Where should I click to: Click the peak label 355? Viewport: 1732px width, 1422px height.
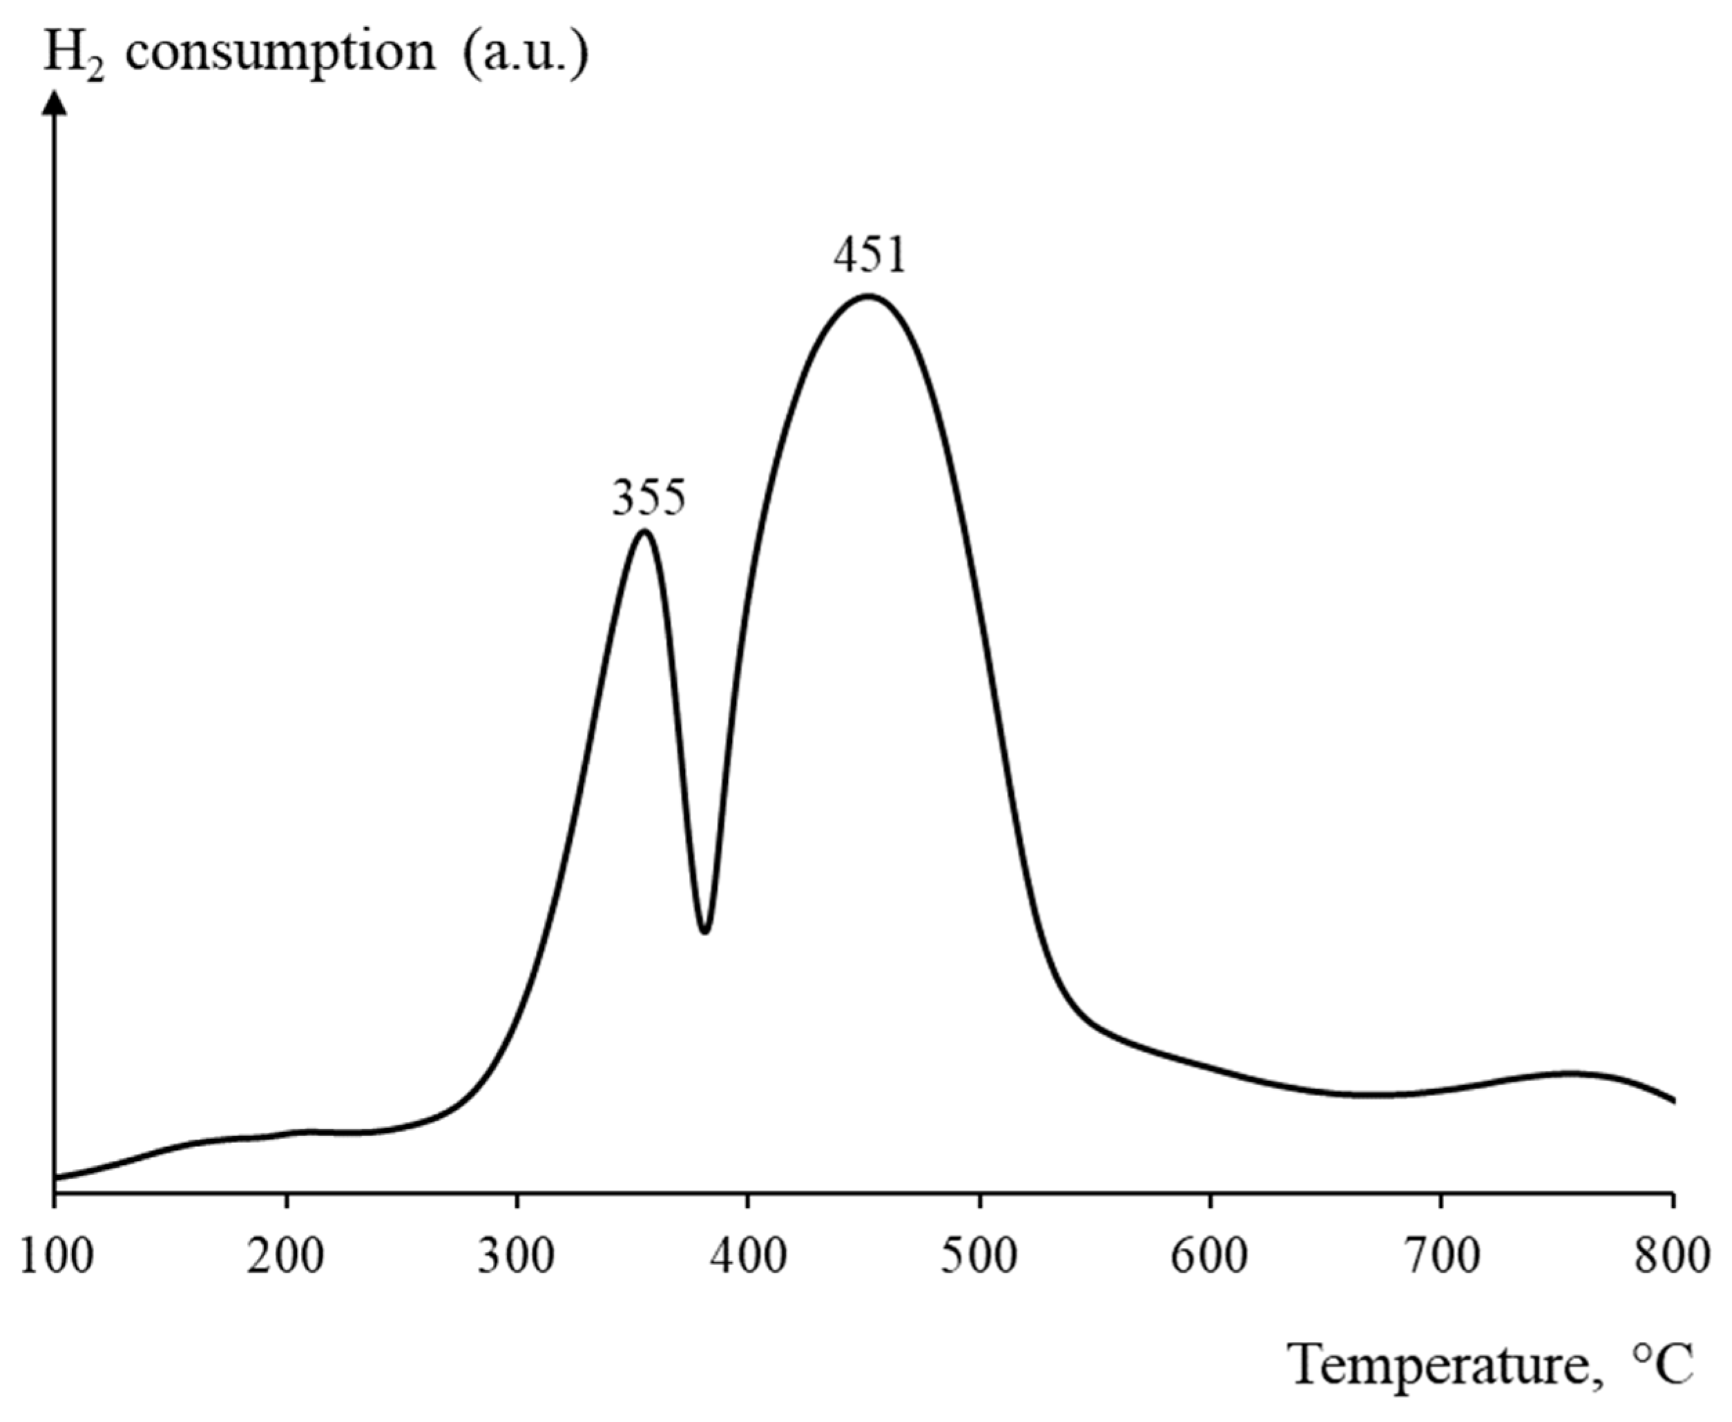648,497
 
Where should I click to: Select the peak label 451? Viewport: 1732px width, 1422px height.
871,256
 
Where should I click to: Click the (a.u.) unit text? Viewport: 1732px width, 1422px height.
525,55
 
